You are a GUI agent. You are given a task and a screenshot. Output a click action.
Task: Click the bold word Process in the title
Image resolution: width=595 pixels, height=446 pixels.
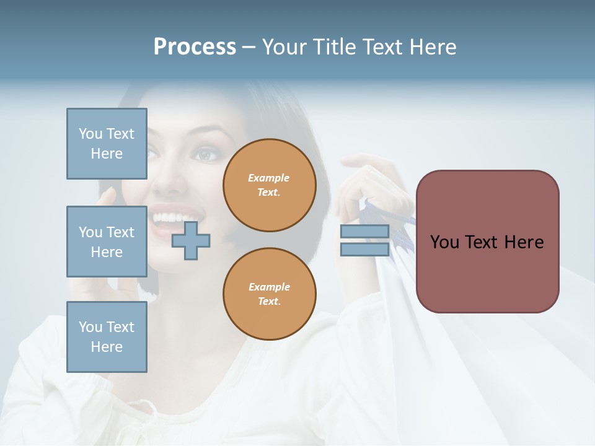[195, 47]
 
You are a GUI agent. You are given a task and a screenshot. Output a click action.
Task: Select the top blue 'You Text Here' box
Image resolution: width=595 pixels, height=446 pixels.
[107, 144]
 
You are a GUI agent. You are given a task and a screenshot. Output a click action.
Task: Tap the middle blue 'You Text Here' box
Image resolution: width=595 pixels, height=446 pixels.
[107, 242]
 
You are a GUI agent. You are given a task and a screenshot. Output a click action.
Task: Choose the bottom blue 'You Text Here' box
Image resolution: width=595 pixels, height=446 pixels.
[107, 337]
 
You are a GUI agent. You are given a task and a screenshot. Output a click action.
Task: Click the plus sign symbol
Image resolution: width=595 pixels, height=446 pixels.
[191, 240]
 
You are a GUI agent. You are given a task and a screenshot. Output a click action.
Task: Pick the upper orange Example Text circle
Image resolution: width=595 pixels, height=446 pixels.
[270, 185]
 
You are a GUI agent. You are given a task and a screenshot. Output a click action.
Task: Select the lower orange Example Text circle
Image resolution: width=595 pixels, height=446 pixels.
[270, 294]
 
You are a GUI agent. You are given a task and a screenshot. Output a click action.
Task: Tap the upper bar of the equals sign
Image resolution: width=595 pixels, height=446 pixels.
[364, 232]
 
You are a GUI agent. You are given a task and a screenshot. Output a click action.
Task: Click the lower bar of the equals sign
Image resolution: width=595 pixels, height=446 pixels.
[364, 250]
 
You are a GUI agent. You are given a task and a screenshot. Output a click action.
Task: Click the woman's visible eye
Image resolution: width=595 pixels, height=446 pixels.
[205, 154]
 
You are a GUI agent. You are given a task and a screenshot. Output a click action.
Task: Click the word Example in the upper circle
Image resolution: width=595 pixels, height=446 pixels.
[268, 178]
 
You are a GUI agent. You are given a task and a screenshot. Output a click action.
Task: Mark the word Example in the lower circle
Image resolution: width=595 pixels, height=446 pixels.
[269, 287]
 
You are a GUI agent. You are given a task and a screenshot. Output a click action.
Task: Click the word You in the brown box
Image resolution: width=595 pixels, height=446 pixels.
[444, 242]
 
